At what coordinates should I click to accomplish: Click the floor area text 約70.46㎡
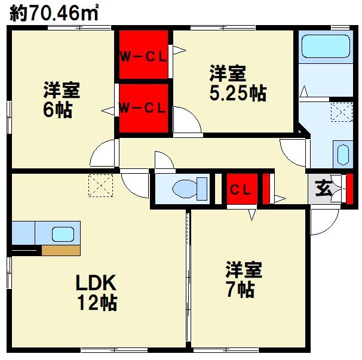pyautogui.click(x=54, y=13)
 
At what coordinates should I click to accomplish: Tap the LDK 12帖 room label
pyautogui.click(x=97, y=292)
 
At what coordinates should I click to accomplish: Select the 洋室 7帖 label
pyautogui.click(x=244, y=279)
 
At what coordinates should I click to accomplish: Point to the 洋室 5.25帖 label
pyautogui.click(x=238, y=83)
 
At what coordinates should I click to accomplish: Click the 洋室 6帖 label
pyautogui.click(x=62, y=100)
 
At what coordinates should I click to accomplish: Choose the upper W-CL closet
pyautogui.click(x=143, y=54)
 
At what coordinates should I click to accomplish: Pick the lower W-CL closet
pyautogui.click(x=143, y=108)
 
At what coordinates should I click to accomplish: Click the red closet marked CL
pyautogui.click(x=242, y=189)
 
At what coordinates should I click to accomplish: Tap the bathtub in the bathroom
pyautogui.click(x=326, y=46)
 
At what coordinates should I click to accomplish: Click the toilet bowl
pyautogui.click(x=185, y=189)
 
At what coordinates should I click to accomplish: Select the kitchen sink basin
pyautogui.click(x=63, y=234)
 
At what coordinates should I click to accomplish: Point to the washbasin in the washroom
pyautogui.click(x=343, y=155)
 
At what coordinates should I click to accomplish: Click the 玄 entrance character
pyautogui.click(x=324, y=187)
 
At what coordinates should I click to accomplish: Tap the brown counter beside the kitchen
pyautogui.click(x=61, y=250)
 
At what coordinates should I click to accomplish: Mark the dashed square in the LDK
pyautogui.click(x=101, y=186)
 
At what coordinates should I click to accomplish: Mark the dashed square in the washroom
pyautogui.click(x=342, y=112)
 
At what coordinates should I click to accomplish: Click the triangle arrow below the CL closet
pyautogui.click(x=252, y=214)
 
